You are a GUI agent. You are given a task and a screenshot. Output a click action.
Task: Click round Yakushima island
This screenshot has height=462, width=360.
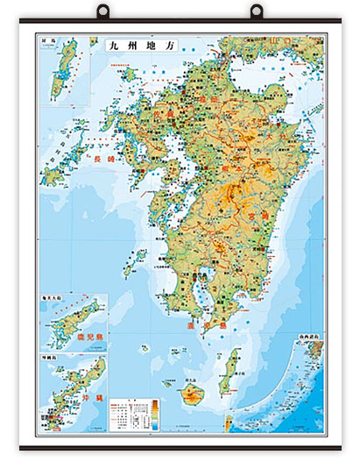pos(194,394)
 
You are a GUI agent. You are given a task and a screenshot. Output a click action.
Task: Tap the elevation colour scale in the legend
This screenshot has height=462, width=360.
pos(155,412)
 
